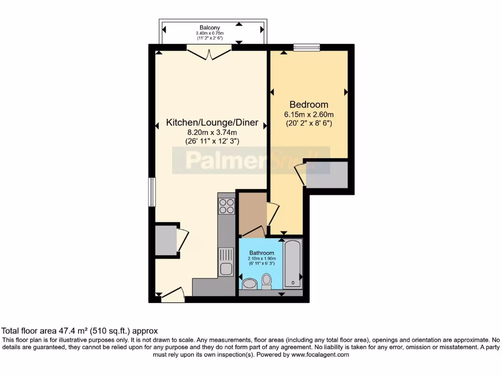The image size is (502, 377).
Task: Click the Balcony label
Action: pos(209,27)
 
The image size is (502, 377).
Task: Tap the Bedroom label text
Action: pos(309,105)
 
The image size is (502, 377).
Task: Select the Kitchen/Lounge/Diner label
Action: pos(212,123)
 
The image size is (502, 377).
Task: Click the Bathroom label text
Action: pos(261,253)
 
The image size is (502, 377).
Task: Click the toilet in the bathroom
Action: pos(267,281)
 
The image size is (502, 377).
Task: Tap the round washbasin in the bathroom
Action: pos(250,284)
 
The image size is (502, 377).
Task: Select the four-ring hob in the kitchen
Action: pos(226,206)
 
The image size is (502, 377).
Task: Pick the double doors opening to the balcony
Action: pos(209,53)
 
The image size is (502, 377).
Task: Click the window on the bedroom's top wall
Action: pos(306,48)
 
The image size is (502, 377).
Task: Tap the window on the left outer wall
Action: pos(152,192)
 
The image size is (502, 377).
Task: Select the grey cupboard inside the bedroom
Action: pos(326,175)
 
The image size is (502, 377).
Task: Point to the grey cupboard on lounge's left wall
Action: pos(165,240)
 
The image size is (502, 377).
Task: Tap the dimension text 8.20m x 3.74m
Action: pos(212,133)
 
